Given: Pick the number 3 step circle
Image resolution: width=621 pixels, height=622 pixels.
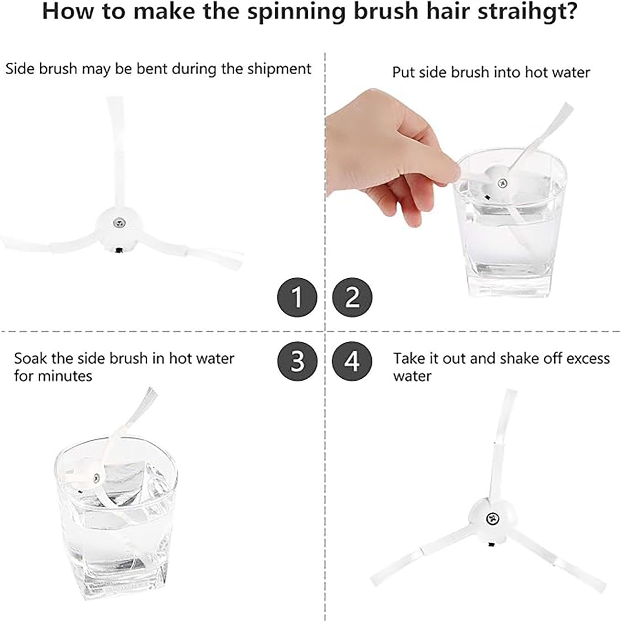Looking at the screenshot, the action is click(297, 361).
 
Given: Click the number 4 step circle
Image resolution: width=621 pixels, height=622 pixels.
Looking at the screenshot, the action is click(352, 361).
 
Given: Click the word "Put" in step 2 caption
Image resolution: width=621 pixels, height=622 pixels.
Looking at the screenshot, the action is click(403, 73).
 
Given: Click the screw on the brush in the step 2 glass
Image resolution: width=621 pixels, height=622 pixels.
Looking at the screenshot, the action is click(502, 182).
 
